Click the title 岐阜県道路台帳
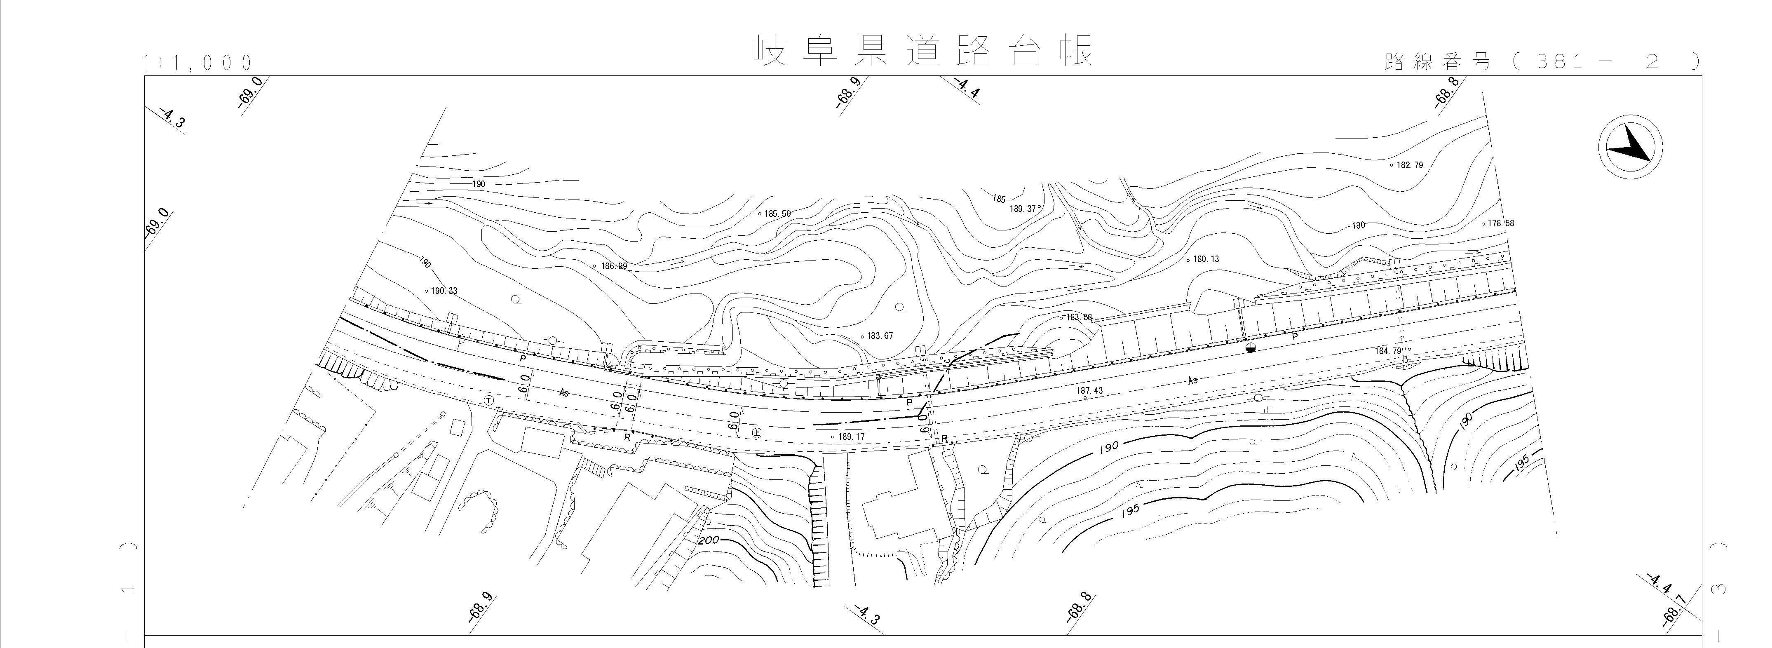[x=922, y=51]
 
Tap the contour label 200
[x=709, y=541]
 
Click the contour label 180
[x=1359, y=225]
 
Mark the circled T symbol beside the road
[x=488, y=400]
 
